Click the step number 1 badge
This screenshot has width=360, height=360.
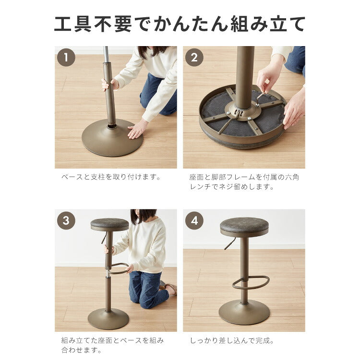point(66,57)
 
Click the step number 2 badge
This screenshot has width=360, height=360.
point(194,57)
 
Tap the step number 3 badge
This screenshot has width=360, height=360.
point(66,220)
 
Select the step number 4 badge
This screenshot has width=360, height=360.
point(194,220)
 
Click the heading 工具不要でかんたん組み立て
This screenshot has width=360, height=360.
point(180,24)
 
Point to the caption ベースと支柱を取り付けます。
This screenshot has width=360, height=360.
point(111,177)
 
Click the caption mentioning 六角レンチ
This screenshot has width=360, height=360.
point(244,181)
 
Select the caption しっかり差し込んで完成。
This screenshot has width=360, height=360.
point(232,340)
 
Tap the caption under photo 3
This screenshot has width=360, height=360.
point(113,345)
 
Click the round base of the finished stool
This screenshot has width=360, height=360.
point(244,312)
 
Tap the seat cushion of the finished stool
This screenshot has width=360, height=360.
point(244,226)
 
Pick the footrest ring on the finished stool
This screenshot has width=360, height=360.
point(252,283)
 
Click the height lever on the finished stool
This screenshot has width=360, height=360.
point(230,243)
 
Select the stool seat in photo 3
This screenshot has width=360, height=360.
point(109,224)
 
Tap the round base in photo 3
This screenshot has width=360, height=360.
point(108,318)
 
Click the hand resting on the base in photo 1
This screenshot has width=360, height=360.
point(137,130)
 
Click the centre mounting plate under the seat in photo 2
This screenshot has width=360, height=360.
point(242,111)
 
